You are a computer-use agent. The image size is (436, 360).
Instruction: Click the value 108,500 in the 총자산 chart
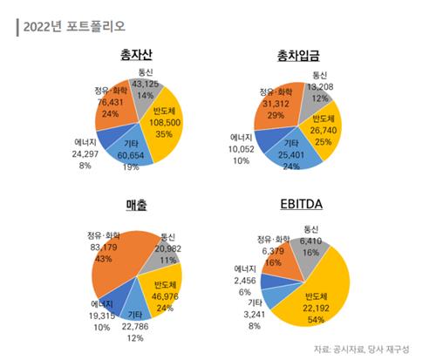(x=167, y=123)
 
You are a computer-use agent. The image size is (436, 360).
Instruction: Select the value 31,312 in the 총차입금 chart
(x=272, y=104)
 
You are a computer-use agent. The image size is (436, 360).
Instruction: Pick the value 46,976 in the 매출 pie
(x=164, y=296)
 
